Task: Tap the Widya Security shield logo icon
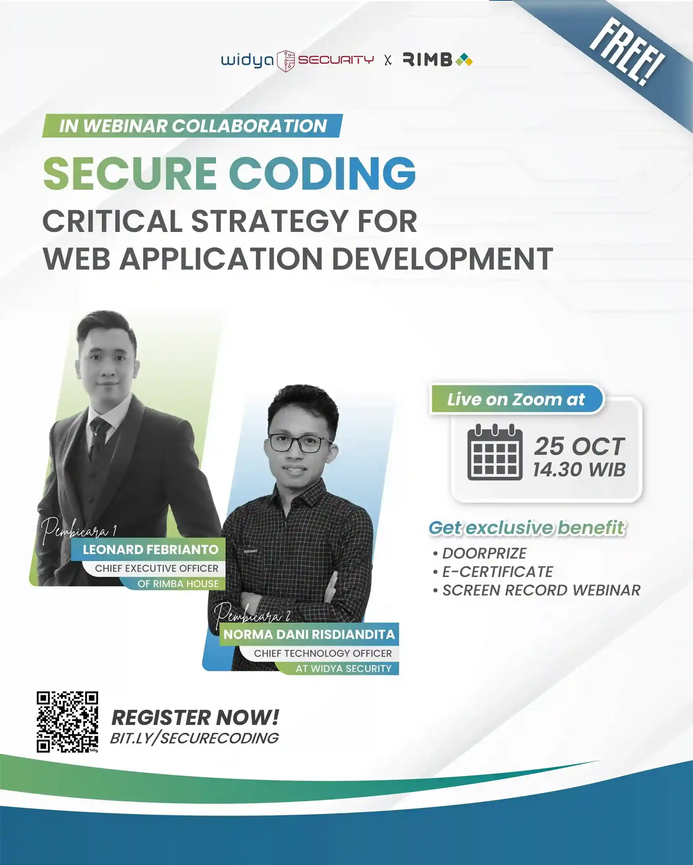tap(286, 61)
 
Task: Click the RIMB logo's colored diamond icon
tap(464, 60)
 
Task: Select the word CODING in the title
tap(322, 173)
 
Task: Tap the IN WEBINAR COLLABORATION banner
tap(192, 126)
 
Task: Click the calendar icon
tap(495, 452)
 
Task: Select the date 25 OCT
tap(579, 446)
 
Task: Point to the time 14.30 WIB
tap(579, 470)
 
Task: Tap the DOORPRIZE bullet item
tap(484, 553)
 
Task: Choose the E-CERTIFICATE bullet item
tap(497, 572)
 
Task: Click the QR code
tap(67, 722)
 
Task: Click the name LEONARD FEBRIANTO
tap(151, 550)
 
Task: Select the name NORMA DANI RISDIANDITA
tap(309, 634)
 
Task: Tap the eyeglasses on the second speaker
tap(300, 443)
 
